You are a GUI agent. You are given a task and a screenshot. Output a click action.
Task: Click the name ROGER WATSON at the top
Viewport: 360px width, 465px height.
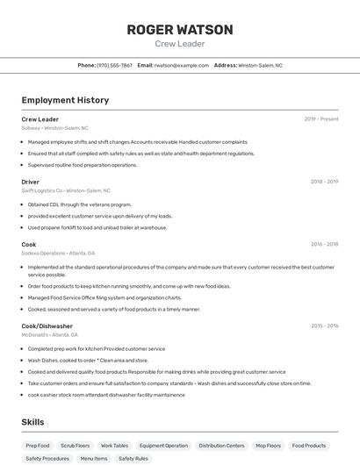(x=180, y=30)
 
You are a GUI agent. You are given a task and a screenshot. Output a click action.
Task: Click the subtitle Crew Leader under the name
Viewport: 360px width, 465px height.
(x=180, y=44)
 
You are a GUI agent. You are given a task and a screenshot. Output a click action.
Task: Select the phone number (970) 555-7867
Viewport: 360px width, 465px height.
(x=114, y=65)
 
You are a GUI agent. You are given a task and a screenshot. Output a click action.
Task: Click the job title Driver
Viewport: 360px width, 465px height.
(x=31, y=182)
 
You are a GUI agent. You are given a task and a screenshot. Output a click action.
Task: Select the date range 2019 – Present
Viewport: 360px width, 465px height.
(x=321, y=119)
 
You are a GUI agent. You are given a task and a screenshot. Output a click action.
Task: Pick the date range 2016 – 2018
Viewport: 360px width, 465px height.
(x=324, y=245)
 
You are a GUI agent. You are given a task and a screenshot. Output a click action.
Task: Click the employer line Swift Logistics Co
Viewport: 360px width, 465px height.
(x=66, y=190)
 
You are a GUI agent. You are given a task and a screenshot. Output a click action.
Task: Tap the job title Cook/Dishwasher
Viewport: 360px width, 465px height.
(x=47, y=326)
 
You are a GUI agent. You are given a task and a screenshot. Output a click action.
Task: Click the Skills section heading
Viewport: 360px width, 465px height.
(x=33, y=422)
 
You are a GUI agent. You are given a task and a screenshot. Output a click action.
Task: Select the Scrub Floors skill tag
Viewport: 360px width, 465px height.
(x=76, y=446)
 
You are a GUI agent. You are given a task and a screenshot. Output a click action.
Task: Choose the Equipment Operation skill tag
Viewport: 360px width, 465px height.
(x=163, y=446)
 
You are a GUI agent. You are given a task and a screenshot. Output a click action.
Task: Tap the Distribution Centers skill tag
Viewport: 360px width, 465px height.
(x=222, y=446)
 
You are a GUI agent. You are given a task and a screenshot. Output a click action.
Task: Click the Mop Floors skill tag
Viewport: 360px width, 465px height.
(x=269, y=446)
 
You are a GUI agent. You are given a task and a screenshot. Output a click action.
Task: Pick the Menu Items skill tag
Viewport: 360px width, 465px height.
(x=94, y=458)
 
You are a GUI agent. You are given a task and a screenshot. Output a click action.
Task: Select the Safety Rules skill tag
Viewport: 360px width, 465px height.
(x=133, y=458)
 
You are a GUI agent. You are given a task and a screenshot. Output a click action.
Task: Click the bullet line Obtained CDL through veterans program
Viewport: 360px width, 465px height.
(x=80, y=204)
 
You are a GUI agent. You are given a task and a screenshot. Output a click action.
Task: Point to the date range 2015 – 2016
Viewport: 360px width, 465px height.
(x=324, y=326)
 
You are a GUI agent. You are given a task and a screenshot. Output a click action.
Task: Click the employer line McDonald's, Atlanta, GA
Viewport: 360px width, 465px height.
(x=50, y=334)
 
